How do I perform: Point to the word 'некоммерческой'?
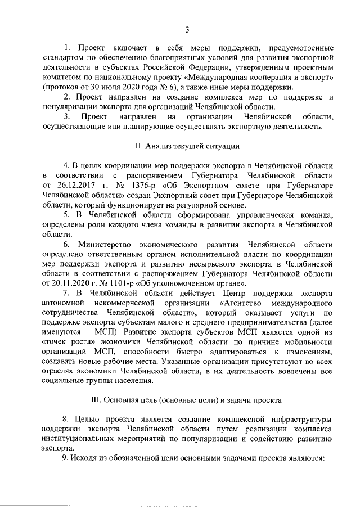(127, 303)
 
